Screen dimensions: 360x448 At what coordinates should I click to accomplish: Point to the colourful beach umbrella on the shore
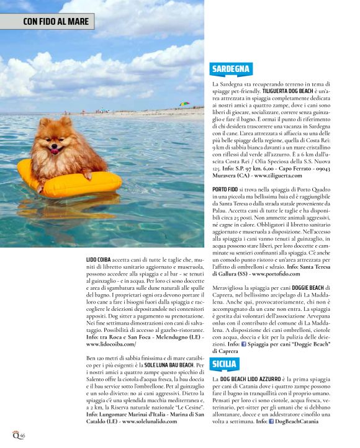[x=184, y=104]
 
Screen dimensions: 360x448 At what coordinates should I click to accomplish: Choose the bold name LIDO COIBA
[x=100, y=259]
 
